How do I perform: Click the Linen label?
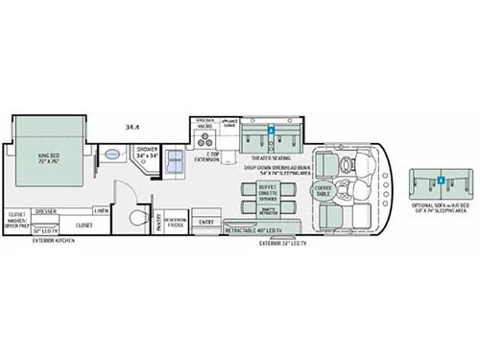pos(101,210)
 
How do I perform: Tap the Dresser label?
pos(44,210)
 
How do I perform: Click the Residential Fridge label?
pos(176,222)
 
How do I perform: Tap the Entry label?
pos(206,223)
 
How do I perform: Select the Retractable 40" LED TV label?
pos(258,231)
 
